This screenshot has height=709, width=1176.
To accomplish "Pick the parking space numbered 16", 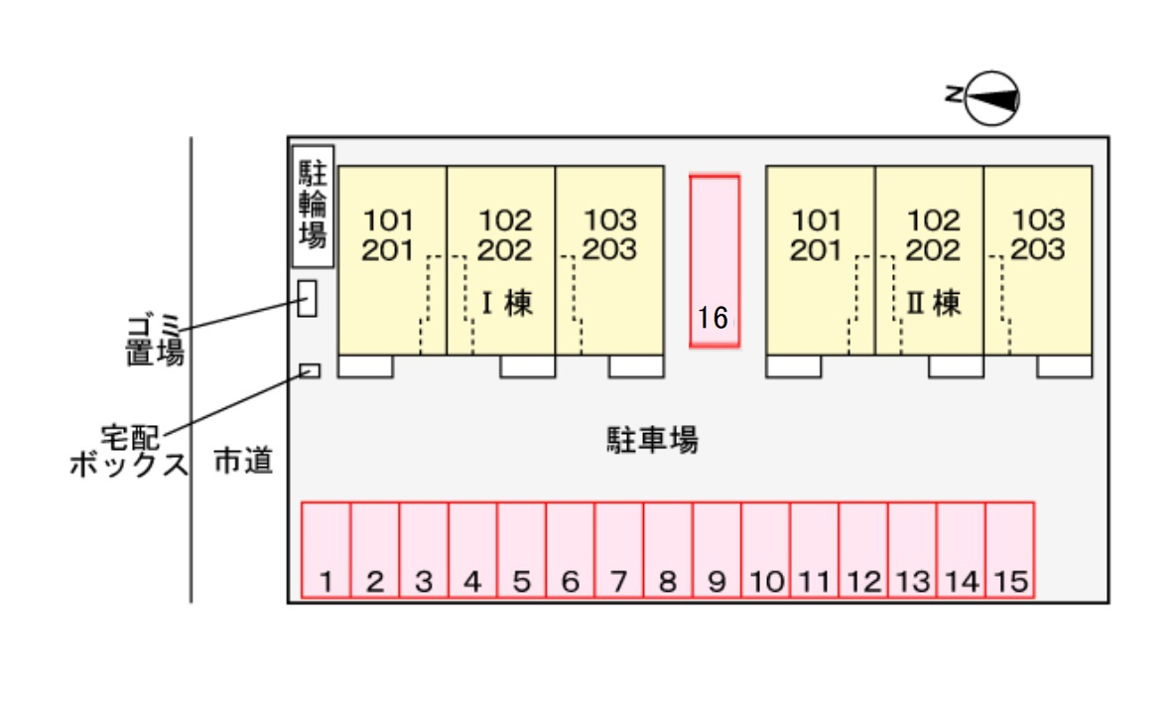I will click(715, 261).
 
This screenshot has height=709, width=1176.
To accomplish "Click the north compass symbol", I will click(992, 97).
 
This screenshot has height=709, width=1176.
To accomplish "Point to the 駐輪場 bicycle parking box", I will click(313, 207).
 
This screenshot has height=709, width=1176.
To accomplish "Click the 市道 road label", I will click(243, 461).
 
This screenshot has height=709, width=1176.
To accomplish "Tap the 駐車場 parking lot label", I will click(652, 439).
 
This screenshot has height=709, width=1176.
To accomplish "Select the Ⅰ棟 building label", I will click(506, 303).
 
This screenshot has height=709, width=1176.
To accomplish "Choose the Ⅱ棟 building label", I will click(934, 303).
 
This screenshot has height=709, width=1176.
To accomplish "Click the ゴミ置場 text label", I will click(155, 339).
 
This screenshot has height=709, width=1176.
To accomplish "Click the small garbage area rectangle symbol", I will click(308, 298).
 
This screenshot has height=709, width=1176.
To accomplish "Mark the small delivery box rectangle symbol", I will click(310, 370).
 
